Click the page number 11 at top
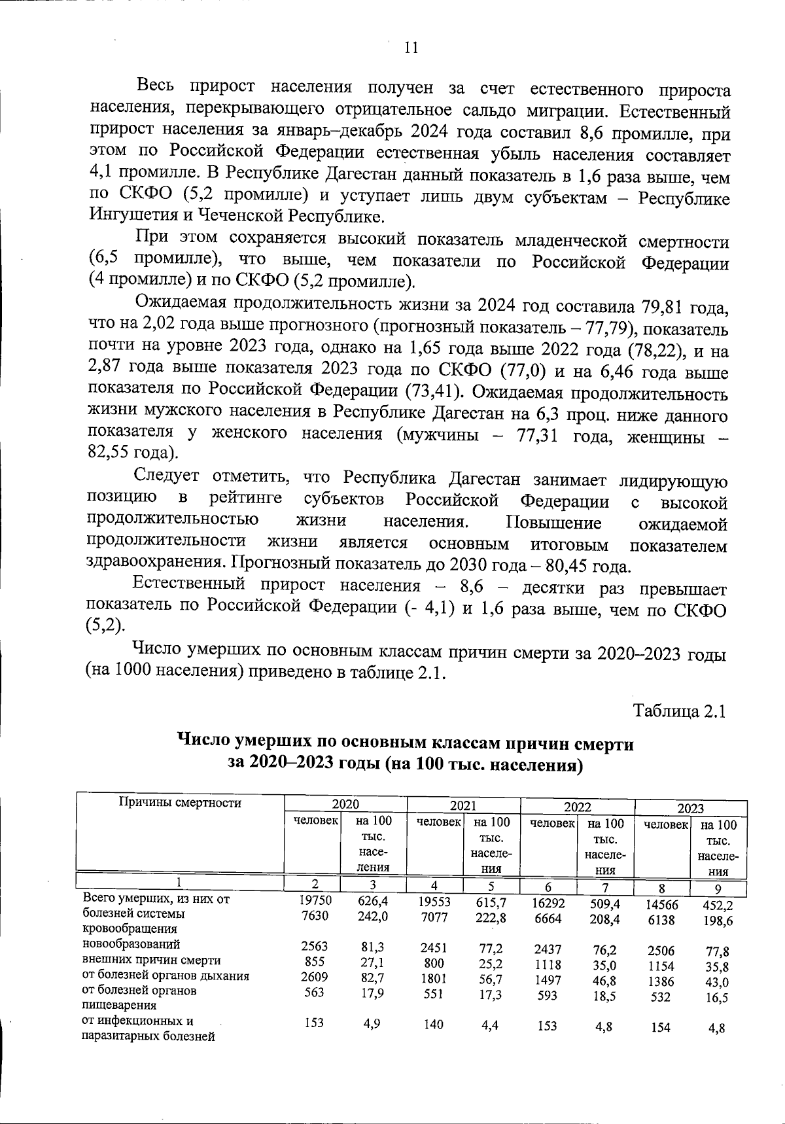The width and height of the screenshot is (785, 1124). coord(411,48)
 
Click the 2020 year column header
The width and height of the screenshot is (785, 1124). coord(345,805)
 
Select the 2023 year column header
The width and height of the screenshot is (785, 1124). coord(690,808)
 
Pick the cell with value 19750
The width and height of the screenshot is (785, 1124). coord(315,900)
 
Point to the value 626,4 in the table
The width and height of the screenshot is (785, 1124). coord(372,901)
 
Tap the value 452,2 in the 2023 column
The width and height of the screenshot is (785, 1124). coord(718,906)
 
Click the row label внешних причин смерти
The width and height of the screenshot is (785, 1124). coord(151,960)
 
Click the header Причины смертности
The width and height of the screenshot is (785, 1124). coord(179,803)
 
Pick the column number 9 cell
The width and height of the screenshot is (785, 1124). coord(718,888)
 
